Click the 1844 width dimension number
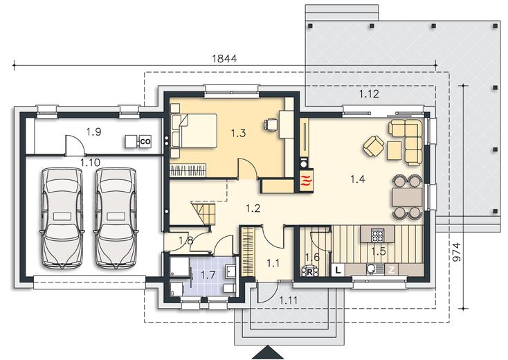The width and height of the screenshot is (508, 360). pos(224,59)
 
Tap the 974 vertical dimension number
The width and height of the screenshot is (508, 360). pos(456,252)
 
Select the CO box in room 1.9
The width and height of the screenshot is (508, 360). pos(145,142)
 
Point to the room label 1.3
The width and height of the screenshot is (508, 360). pos(239,133)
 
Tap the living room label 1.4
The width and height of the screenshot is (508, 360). pos(358,179)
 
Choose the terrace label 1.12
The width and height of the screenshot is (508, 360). pos(369,94)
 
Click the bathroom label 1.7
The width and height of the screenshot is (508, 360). pos(208,275)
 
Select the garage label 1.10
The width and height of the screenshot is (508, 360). pos(91,162)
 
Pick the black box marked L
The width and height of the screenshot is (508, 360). pos(338,270)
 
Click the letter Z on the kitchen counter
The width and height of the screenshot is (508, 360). pos(391,270)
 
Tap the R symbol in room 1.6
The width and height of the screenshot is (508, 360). pos(309,271)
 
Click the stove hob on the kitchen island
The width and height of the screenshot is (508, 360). pos(377,235)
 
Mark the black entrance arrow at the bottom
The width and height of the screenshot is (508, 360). pos(267,352)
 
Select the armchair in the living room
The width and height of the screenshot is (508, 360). pos(374,146)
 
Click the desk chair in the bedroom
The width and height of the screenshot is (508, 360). pos(271,124)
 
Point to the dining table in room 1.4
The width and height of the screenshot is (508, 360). pos(407,197)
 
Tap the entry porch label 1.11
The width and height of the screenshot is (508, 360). pos(289,300)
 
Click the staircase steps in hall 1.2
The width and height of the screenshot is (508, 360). pos(203,213)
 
